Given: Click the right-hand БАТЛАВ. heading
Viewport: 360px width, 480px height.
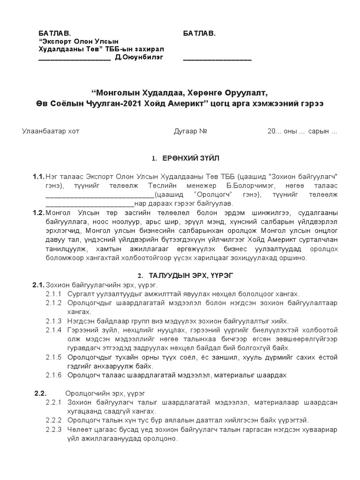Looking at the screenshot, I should point(199,34).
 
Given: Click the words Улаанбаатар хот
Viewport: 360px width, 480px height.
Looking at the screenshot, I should point(51,131).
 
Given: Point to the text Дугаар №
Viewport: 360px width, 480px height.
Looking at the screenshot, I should point(190,131).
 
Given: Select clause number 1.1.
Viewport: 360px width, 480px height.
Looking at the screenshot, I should point(38,177).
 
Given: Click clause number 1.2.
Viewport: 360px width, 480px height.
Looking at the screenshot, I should point(38,213).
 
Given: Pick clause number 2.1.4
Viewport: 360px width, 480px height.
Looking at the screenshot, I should point(53,330).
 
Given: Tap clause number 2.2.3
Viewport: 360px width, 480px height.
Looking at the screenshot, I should point(53,429).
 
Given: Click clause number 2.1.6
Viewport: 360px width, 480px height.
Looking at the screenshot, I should point(53,375).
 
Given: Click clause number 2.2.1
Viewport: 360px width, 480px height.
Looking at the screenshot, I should point(53,402).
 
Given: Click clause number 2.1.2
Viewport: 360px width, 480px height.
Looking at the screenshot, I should point(53,303).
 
